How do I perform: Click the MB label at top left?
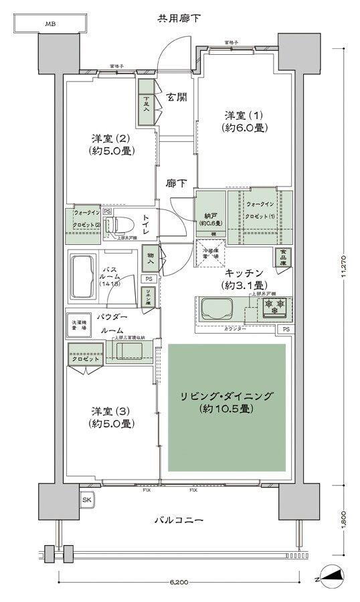(x=51, y=24)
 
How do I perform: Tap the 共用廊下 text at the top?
(x=179, y=18)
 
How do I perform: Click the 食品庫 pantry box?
(x=282, y=257)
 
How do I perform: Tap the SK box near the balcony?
(x=86, y=500)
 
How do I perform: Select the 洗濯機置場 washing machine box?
(x=80, y=326)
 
